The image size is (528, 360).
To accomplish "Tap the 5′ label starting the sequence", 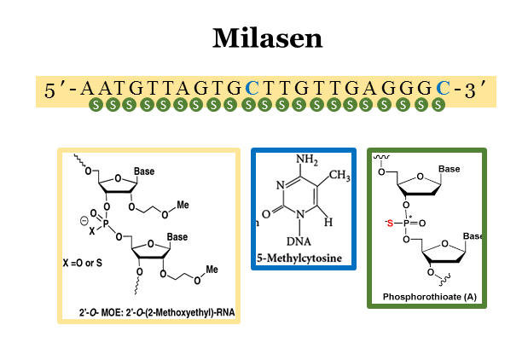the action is click(56, 89).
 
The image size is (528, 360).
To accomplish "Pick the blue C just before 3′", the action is click(442, 89).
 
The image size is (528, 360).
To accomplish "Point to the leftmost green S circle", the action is click(96, 106).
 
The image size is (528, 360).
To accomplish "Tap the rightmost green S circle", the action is click(438, 106).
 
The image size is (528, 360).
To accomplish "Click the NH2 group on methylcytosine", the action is click(307, 160).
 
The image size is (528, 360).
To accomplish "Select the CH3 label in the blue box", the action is click(339, 176).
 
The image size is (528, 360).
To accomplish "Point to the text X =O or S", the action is click(83, 262).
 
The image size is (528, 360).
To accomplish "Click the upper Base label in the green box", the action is click(449, 170).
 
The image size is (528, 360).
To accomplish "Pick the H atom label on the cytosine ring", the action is click(329, 223).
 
